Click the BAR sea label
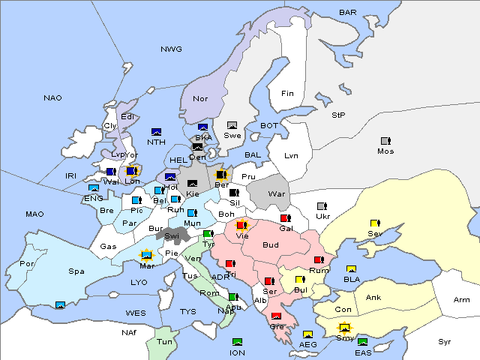pos(347,13)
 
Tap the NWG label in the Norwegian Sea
pos(171,49)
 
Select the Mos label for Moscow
pos(385,151)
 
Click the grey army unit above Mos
pos(385,141)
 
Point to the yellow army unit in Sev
pos(375,223)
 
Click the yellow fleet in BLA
pos(351,269)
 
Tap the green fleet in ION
pos(238,343)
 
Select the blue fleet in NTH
pos(157,132)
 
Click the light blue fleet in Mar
pos(147,255)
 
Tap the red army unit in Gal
pos(285,218)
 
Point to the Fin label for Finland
pos(287,94)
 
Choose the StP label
pos(338,115)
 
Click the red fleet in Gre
pos(276,316)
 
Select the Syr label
pos(445,341)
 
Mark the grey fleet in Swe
pos(232,125)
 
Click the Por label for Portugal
pos(27,264)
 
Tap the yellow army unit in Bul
pos(300,280)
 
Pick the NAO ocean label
pos(52,97)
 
